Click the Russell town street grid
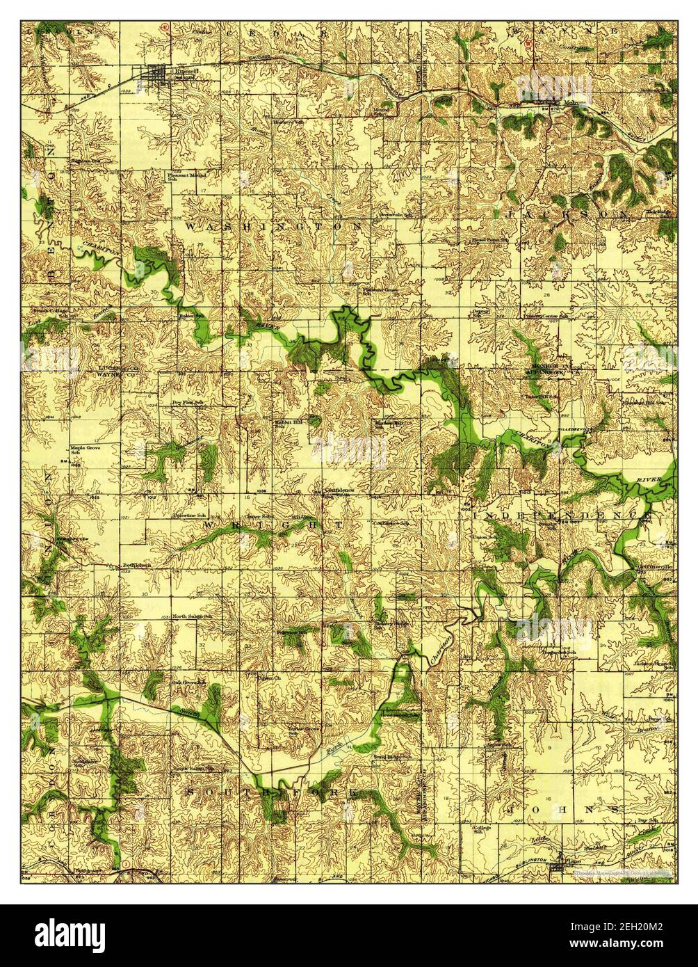click(159, 75)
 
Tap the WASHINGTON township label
click(273, 227)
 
